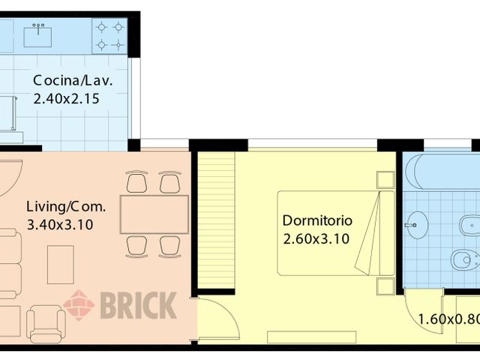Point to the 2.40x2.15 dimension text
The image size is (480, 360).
[67, 98]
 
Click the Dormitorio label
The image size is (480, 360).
[317, 221]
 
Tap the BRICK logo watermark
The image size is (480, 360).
[120, 306]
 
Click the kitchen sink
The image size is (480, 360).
[37, 34]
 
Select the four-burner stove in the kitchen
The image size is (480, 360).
[109, 36]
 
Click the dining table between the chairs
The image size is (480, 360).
[154, 214]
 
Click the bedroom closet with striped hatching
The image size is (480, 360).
[217, 217]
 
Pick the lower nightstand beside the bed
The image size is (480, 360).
[385, 286]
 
